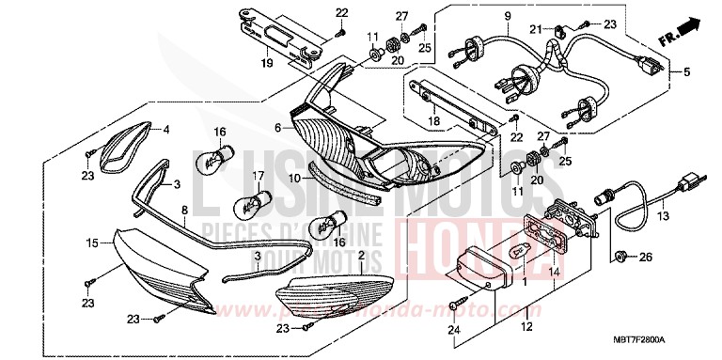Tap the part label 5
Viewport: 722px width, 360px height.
[x=686, y=71]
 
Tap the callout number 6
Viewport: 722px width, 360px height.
[x=277, y=127]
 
